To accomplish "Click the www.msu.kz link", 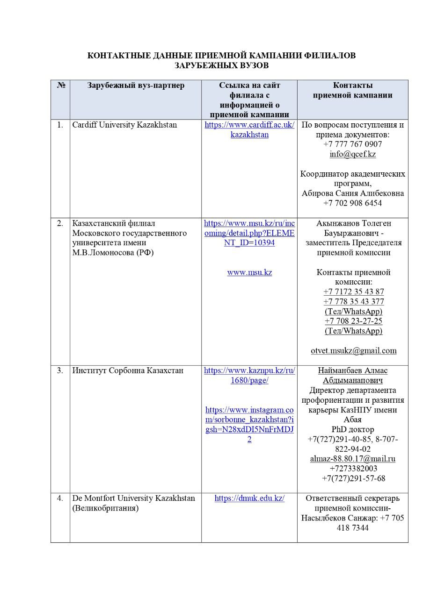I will click(x=249, y=272).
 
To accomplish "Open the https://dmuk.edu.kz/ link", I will click(x=249, y=498).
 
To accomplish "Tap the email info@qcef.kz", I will click(x=352, y=154).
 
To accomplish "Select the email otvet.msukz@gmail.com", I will click(x=353, y=350).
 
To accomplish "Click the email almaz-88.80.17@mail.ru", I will click(x=353, y=459).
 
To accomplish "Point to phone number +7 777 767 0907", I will click(x=352, y=144).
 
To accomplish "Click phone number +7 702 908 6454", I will click(x=352, y=203).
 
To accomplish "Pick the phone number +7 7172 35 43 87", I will click(x=353, y=292).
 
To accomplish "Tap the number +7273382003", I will click(x=353, y=469).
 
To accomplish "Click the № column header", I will click(x=61, y=85).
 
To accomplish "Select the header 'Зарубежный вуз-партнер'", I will click(x=136, y=85).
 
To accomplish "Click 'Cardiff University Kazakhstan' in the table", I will click(x=124, y=125).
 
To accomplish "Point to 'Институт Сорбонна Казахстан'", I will click(x=128, y=370).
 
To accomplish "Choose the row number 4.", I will click(x=60, y=498).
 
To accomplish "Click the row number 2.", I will click(x=60, y=223).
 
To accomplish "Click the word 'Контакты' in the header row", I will click(x=352, y=85).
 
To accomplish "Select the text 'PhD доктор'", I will click(x=352, y=429).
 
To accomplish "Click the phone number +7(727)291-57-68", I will click(x=353, y=478).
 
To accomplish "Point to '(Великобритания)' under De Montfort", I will click(x=105, y=508).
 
